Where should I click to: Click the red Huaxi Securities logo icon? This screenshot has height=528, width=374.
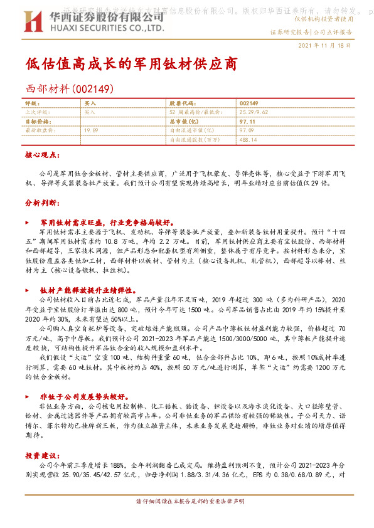(33, 23)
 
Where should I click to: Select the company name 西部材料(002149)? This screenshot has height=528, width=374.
(68, 89)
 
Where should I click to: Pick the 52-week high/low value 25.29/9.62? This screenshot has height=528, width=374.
(254, 111)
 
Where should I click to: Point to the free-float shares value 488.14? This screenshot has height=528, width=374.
(249, 139)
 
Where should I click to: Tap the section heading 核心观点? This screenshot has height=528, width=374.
(43, 154)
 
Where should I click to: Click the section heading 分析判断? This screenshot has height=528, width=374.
(43, 204)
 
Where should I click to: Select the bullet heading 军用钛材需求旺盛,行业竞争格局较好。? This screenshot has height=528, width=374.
(105, 222)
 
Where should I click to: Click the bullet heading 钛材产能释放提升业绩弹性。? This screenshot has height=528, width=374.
(88, 290)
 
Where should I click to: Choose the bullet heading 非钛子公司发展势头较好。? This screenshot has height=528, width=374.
(84, 397)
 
